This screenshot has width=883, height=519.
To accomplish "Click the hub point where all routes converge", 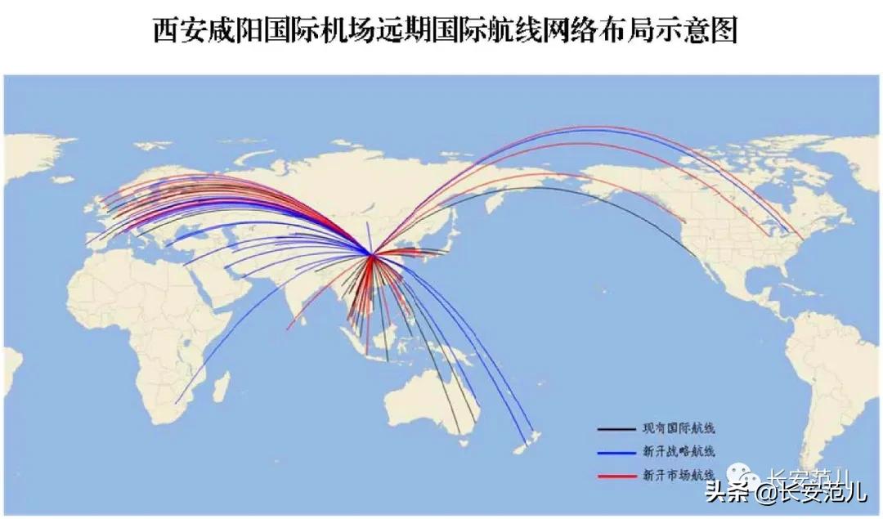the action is (x=372, y=255).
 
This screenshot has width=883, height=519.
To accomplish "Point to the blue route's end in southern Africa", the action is (x=177, y=402).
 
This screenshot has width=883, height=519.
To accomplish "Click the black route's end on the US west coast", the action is (x=697, y=256).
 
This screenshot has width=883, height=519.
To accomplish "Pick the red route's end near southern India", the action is (x=288, y=329).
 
